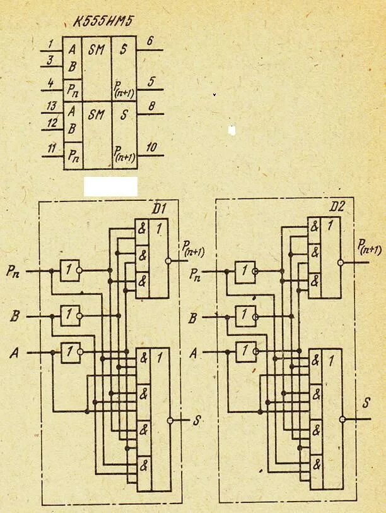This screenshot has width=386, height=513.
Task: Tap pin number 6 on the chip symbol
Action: point(149,41)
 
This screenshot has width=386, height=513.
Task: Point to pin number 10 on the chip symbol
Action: point(151,147)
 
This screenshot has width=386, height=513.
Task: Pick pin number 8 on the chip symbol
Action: point(151,107)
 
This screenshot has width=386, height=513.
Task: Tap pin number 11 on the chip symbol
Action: point(50,148)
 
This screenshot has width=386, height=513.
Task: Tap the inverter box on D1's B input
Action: point(70,314)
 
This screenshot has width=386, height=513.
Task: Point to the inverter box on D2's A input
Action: point(245,351)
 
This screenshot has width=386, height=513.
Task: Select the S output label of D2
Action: point(366,402)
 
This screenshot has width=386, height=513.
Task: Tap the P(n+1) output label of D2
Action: point(370,246)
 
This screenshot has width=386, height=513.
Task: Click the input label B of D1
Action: point(14,316)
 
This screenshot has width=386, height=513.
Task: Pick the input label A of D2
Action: point(195,352)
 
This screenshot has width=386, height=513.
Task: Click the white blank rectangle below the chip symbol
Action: point(110,186)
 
